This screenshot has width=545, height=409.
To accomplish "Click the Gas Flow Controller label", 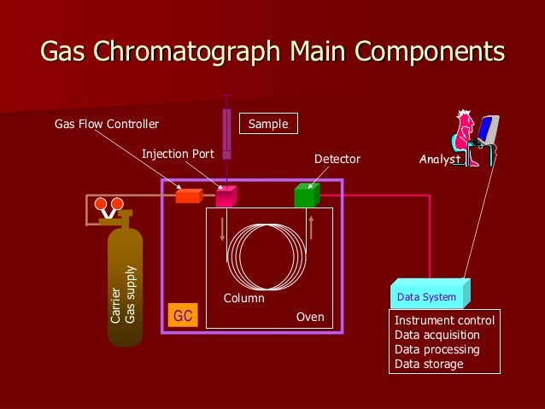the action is (x=107, y=125).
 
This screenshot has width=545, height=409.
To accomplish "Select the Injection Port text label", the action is (x=178, y=154).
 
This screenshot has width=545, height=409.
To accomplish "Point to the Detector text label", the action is (x=337, y=160).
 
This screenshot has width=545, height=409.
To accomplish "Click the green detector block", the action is (x=306, y=196).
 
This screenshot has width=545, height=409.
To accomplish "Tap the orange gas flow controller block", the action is (x=188, y=196).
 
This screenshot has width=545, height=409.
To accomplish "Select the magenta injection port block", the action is (x=226, y=196).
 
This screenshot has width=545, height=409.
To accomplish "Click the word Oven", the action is (x=310, y=317).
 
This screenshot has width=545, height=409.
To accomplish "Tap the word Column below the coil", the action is (x=244, y=299).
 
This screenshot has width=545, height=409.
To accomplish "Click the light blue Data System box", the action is (x=429, y=295).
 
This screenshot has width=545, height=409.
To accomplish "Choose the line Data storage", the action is (x=429, y=365).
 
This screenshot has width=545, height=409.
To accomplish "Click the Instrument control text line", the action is (x=444, y=320).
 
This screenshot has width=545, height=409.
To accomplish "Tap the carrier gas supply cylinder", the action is (x=125, y=278).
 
